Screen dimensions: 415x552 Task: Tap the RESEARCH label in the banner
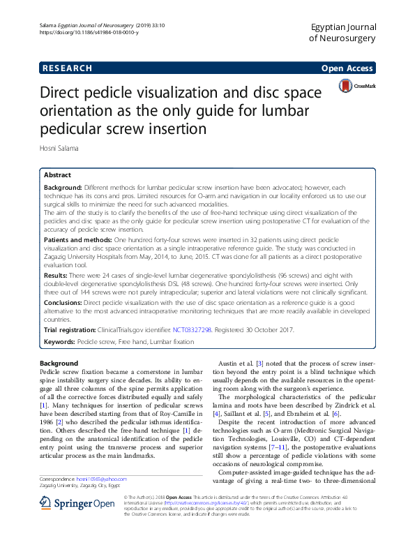click(67, 68)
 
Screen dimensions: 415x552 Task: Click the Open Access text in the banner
click(348, 68)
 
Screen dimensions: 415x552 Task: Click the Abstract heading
click(57, 175)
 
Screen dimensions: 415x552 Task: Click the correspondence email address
click(102, 479)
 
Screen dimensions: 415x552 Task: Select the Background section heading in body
click(59, 364)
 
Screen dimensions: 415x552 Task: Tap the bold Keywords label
click(59, 343)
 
